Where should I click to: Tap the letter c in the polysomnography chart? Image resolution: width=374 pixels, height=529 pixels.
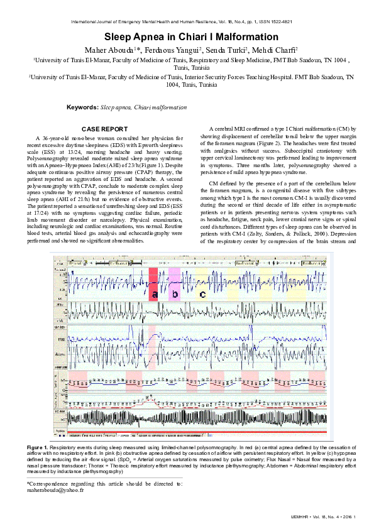[202, 293]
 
